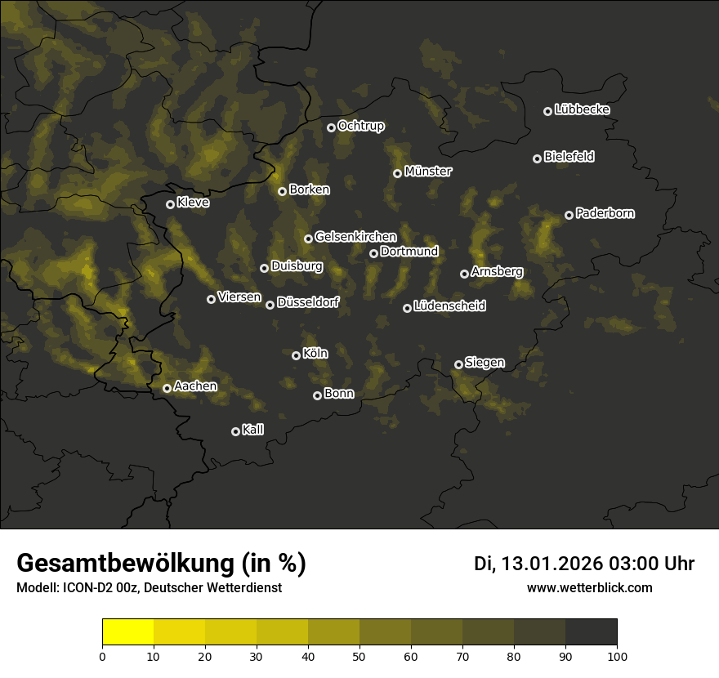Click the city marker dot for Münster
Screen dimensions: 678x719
pyautogui.click(x=398, y=173)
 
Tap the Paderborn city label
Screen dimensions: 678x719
pyautogui.click(x=605, y=213)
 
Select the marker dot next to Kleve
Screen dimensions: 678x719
pyautogui.click(x=171, y=204)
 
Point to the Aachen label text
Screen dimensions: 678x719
pyautogui.click(x=195, y=386)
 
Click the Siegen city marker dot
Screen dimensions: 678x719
pyautogui.click(x=459, y=364)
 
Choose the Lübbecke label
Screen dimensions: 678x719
pyautogui.click(x=582, y=109)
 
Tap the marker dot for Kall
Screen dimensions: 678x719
pyautogui.click(x=236, y=431)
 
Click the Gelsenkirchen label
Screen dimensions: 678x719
pyautogui.click(x=355, y=236)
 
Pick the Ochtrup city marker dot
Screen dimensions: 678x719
pyautogui.click(x=332, y=127)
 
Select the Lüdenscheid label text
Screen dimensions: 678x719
pyautogui.click(x=449, y=306)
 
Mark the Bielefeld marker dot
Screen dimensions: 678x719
pyautogui.click(x=538, y=158)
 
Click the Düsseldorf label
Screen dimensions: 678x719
pyautogui.click(x=307, y=302)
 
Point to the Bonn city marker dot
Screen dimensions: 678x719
pyautogui.click(x=318, y=395)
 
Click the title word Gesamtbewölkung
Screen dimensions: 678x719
pyautogui.click(x=125, y=564)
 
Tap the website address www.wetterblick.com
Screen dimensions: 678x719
pyautogui.click(x=590, y=587)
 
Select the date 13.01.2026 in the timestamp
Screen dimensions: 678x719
pyautogui.click(x=552, y=564)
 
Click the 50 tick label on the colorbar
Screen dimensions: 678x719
pyautogui.click(x=359, y=655)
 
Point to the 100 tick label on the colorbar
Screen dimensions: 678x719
pyautogui.click(x=617, y=655)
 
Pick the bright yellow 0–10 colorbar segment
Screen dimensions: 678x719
pyautogui.click(x=128, y=632)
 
